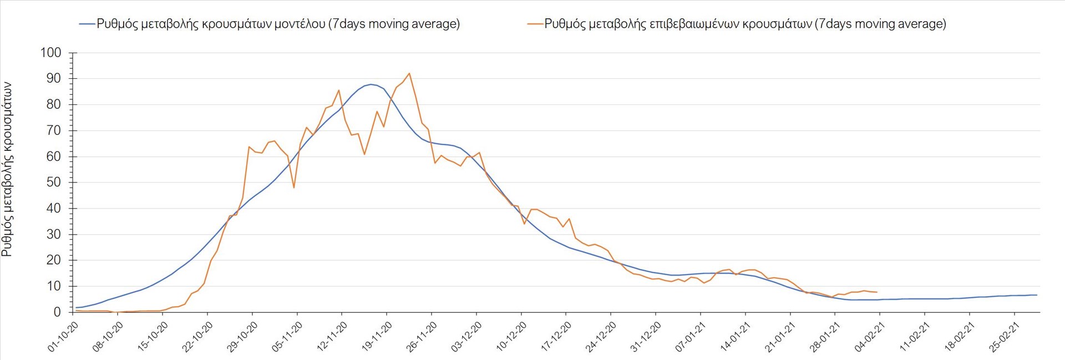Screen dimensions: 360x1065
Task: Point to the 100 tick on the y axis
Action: (50, 53)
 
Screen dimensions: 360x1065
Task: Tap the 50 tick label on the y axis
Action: (54, 182)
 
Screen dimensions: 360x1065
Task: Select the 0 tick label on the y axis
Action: (57, 312)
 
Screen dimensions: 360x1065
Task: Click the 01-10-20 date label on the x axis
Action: (63, 337)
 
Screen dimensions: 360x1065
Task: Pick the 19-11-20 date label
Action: (377, 337)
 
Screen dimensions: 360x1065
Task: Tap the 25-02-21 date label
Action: (1005, 337)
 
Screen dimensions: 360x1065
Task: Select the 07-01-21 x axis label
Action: (691, 337)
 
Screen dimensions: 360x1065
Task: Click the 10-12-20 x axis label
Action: (511, 337)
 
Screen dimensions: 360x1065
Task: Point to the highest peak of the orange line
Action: (409, 73)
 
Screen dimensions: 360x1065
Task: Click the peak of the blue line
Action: (371, 84)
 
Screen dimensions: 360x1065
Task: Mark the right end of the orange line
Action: (876, 292)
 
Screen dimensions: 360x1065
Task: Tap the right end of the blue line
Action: (1037, 295)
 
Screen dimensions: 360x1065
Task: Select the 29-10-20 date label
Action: (242, 337)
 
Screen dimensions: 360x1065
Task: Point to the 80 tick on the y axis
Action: (54, 104)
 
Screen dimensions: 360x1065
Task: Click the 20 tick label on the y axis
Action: (54, 260)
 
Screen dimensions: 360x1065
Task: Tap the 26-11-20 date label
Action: (422, 337)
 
